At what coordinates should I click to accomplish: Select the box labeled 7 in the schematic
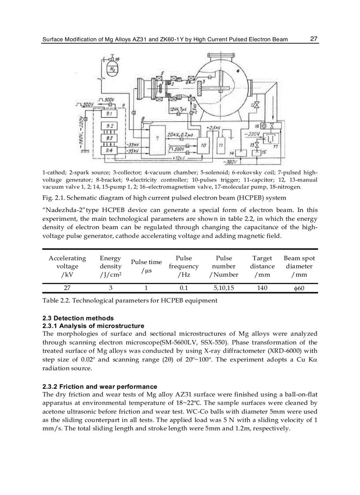click(x=157, y=139)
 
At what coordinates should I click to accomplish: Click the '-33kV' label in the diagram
click(x=132, y=145)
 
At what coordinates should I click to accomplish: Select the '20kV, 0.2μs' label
click(x=180, y=134)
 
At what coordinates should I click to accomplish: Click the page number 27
click(x=314, y=39)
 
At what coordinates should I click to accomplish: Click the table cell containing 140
click(x=262, y=288)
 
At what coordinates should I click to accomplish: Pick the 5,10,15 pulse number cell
click(x=224, y=288)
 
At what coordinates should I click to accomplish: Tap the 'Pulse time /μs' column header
click(x=146, y=266)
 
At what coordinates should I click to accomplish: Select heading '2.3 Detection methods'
click(x=78, y=318)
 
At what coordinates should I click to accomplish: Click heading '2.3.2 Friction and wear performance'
click(x=100, y=387)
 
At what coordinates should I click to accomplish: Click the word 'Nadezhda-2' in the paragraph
click(x=61, y=210)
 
